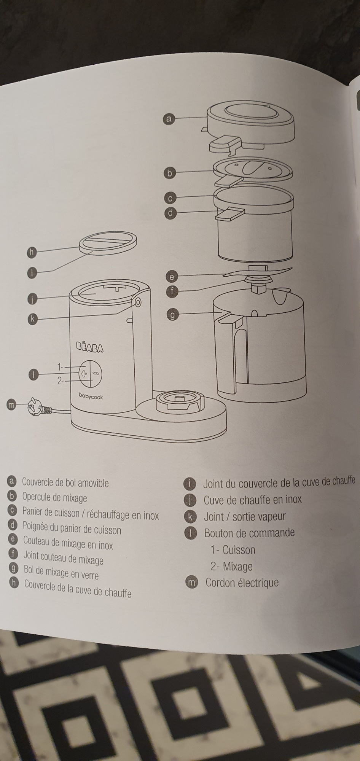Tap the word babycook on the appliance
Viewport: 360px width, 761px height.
[91, 396]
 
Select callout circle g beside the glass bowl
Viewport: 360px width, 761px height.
[172, 315]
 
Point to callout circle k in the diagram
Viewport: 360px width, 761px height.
[33, 319]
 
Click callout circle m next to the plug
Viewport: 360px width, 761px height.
[12, 405]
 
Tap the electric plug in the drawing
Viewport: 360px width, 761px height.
[35, 408]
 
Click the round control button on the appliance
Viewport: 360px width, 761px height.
[90, 374]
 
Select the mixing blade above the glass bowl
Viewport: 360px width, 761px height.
[258, 272]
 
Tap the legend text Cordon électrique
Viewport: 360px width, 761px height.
[242, 583]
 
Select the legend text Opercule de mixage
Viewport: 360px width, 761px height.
[54, 498]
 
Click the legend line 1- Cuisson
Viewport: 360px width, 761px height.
[233, 550]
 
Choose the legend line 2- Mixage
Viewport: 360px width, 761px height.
[231, 567]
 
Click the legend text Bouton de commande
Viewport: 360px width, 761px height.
[249, 533]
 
